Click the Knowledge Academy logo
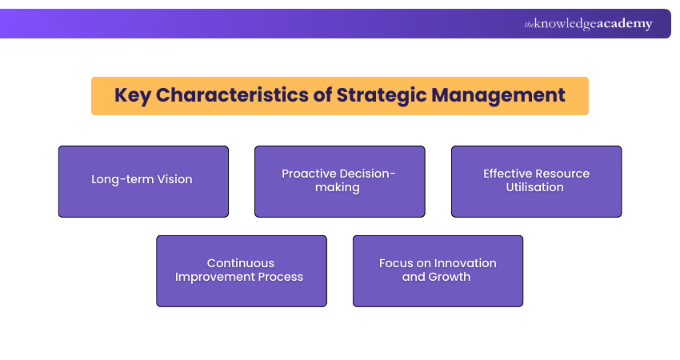pos(588,24)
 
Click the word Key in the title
pos(132,95)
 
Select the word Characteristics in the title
pos(232,95)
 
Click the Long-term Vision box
pos(143,181)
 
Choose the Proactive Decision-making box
pos(339,181)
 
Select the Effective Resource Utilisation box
pos(536,181)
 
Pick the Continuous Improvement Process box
pos(241,270)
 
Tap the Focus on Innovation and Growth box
pos(438,270)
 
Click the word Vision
pos(174,180)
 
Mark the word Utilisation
pos(536,187)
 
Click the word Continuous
pos(241,263)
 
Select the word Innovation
pos(463,263)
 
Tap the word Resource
pos(563,174)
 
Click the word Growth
pos(450,278)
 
